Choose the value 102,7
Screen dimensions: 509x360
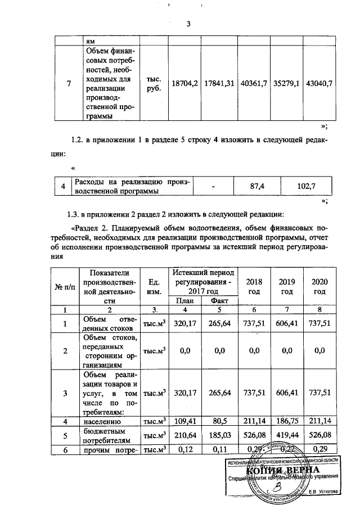(308, 186)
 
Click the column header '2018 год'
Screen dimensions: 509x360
(254, 286)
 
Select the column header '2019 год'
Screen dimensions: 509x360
(287, 286)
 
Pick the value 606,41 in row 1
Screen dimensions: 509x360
(287, 323)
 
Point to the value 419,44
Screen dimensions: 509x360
(287, 435)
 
